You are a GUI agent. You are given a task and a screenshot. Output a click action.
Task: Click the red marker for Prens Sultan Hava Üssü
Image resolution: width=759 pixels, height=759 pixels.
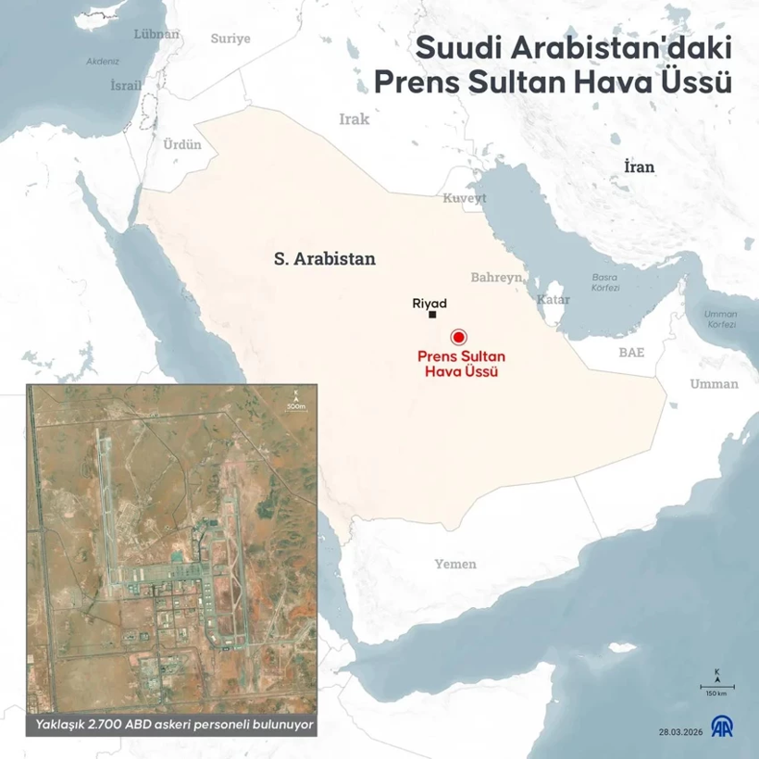pos(456,338)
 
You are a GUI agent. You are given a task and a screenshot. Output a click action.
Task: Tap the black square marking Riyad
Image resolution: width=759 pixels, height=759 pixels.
pos(432,316)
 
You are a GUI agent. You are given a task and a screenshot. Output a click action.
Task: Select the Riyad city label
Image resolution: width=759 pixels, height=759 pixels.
pos(429,303)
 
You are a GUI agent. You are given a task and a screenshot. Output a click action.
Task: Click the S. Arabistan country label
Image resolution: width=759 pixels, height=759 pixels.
pos(325,259)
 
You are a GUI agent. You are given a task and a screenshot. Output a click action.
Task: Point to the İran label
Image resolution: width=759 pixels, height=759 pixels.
pos(639,167)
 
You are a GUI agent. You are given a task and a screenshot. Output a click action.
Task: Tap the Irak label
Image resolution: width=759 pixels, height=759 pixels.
pos(354,119)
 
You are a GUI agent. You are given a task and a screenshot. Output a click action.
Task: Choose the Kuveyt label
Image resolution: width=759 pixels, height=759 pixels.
pos(457,198)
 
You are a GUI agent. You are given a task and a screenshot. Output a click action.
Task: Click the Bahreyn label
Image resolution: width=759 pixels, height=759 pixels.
pos(497,277)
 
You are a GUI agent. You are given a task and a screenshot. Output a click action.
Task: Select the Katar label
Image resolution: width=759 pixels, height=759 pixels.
pos(553,300)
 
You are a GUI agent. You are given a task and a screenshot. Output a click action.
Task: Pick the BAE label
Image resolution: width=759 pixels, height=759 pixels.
pos(632,353)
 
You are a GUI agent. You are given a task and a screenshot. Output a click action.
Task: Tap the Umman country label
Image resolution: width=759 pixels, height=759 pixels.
pos(715,383)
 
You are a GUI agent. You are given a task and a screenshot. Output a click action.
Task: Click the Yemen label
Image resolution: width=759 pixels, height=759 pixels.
pos(455,564)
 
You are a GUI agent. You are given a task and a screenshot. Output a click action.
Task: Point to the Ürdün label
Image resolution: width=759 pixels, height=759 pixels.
pos(182,144)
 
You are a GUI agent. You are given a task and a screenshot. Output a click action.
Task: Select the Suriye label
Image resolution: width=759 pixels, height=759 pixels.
pos(230,38)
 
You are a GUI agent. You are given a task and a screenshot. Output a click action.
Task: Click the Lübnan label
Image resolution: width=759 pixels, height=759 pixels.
pos(156,34)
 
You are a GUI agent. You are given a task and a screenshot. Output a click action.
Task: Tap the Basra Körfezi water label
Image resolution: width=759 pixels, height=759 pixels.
pos(606,282)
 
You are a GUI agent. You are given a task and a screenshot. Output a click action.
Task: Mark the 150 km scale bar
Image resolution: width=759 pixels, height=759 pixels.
pos(715,688)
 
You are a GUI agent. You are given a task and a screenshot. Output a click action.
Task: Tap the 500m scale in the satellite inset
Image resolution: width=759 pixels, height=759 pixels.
pos(296,402)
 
